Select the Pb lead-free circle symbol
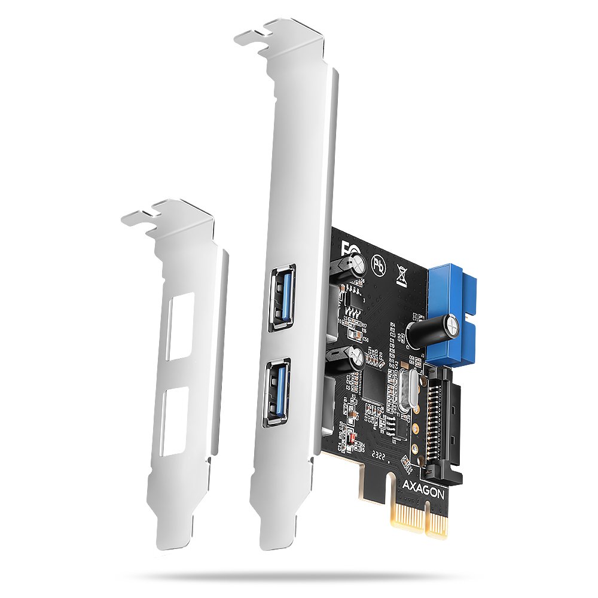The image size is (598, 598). pyautogui.click(x=377, y=264)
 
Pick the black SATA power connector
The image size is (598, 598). pyautogui.click(x=443, y=419)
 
